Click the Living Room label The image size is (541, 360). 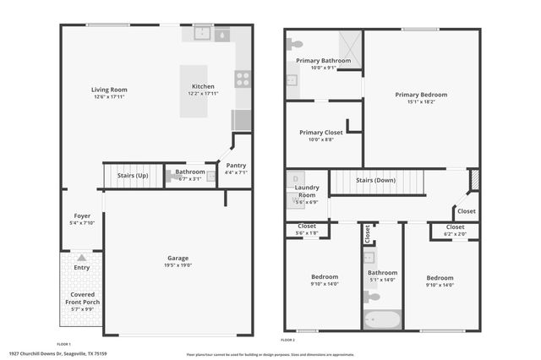click(x=109, y=90)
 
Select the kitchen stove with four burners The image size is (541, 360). click(x=243, y=80)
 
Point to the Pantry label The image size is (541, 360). click(x=236, y=165)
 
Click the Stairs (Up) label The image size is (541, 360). click(x=133, y=176)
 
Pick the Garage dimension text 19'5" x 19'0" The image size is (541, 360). click(x=178, y=265)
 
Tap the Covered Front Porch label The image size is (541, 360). click(x=82, y=298)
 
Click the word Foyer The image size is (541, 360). click(x=82, y=215)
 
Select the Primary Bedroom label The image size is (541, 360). click(x=421, y=95)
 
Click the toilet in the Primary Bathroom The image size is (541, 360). click(x=296, y=43)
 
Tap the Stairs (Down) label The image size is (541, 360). click(x=375, y=180)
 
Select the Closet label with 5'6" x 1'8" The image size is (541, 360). click(x=306, y=232)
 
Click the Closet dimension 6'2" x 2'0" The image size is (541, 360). click(x=455, y=233)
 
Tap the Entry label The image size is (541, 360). click(x=82, y=267)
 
